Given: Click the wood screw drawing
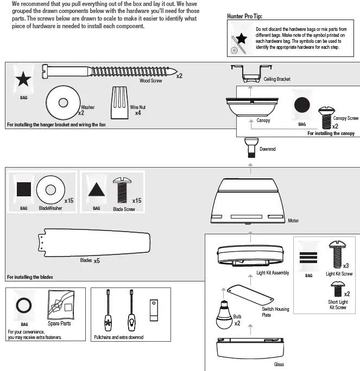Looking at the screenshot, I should click(109, 71).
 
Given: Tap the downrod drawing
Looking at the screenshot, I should click(250, 147).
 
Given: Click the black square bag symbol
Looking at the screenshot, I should click(23, 190).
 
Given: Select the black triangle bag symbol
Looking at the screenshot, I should click(96, 190).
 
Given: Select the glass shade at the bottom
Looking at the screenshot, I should click(250, 347).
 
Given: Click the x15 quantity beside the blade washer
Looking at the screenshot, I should click(68, 201).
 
